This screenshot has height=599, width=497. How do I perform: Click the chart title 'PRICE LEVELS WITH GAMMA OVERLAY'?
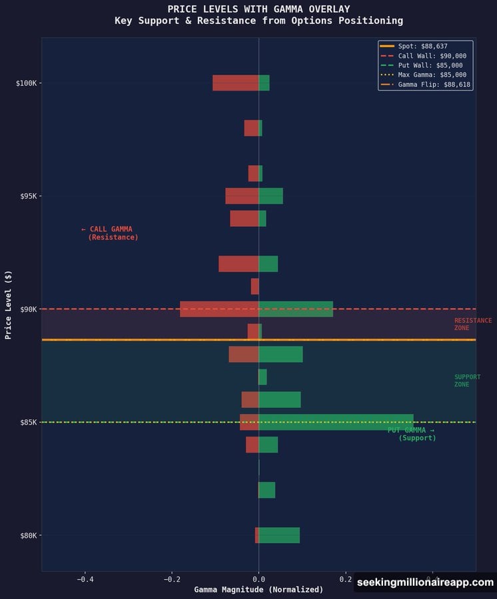tap(258, 9)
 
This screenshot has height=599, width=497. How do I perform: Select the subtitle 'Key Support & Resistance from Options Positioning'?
tap(258, 21)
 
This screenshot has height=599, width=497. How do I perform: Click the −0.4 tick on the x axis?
tap(85, 580)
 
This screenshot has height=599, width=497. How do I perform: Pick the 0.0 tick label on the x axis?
tap(258, 580)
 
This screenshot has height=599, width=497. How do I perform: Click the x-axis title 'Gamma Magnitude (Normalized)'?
tap(258, 590)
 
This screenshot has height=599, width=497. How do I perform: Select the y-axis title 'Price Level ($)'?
tap(9, 304)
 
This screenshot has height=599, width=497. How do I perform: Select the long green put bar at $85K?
tap(336, 422)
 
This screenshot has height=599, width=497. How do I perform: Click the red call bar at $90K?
tap(219, 309)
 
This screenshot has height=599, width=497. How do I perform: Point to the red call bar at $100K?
tap(235, 83)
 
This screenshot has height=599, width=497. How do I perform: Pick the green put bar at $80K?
tap(279, 535)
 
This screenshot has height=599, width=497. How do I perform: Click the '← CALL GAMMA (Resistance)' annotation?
tap(109, 233)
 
